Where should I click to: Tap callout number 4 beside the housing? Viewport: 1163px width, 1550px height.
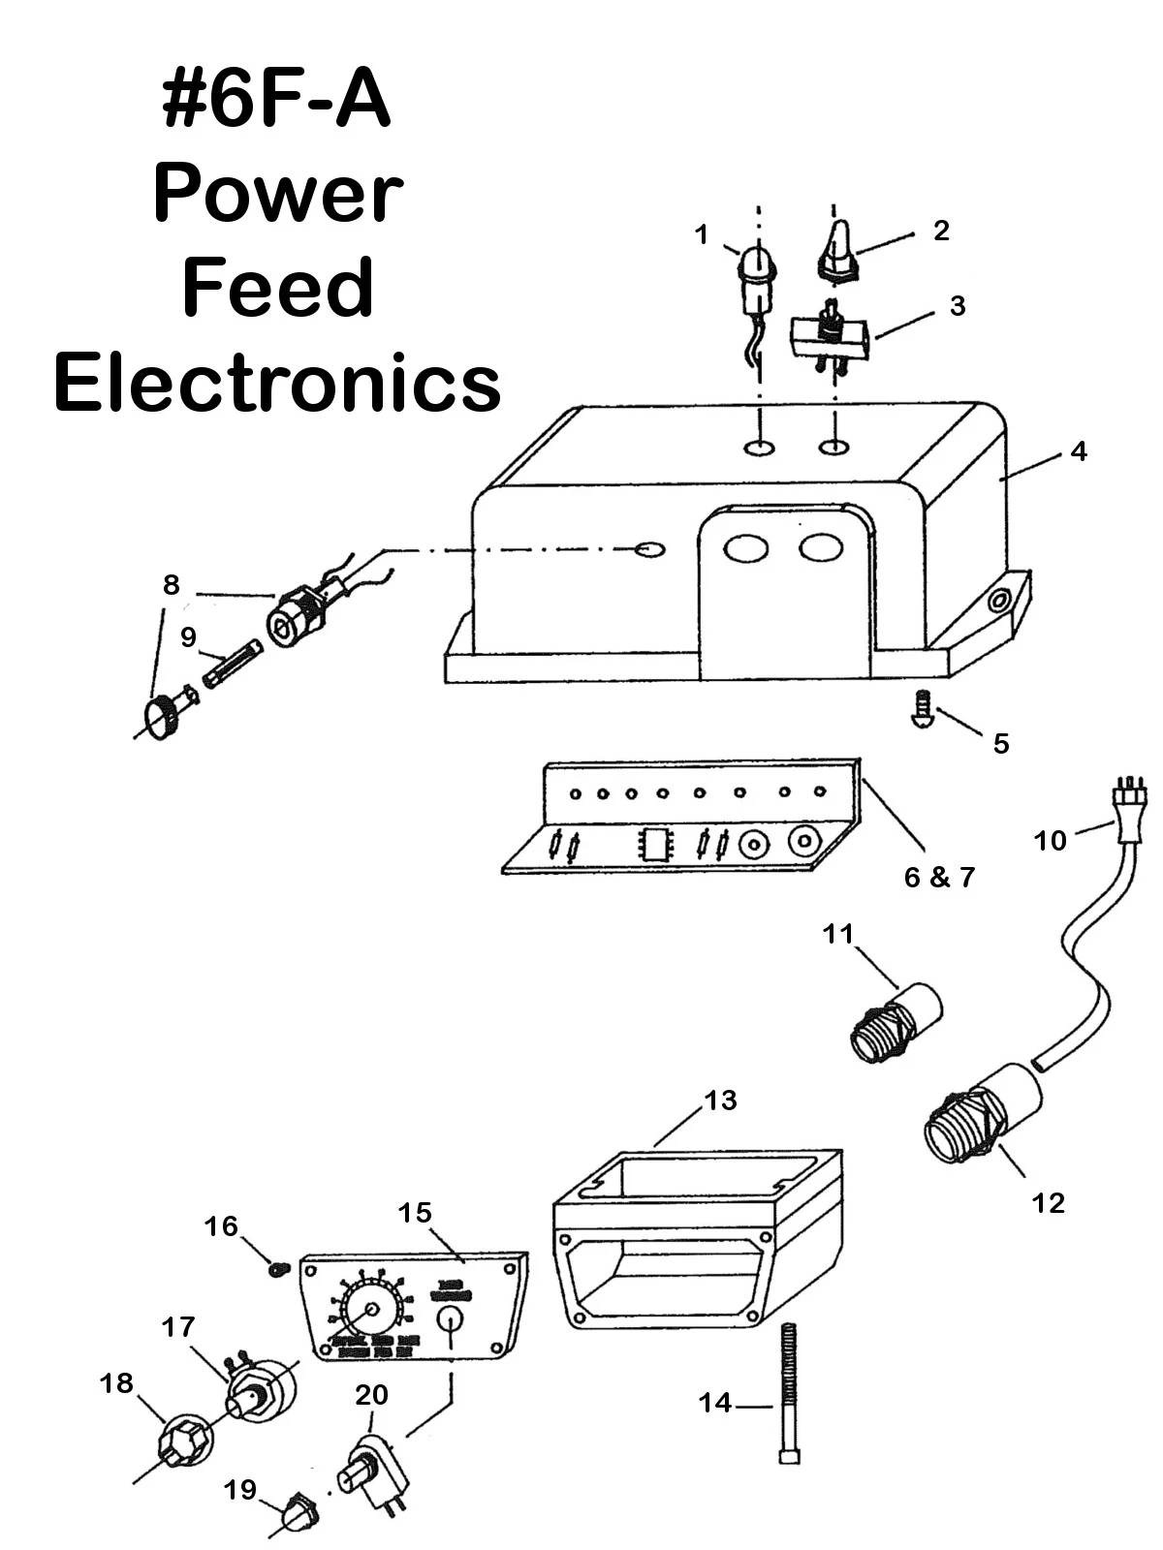pyautogui.click(x=1078, y=451)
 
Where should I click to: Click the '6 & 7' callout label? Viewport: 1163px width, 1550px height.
pyautogui.click(x=938, y=878)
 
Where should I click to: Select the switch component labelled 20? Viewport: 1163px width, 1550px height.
pyautogui.click(x=371, y=1472)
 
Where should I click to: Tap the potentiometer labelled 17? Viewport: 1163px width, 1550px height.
pyautogui.click(x=260, y=1391)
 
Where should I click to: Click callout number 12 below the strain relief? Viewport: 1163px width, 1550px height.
pyautogui.click(x=1049, y=1203)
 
